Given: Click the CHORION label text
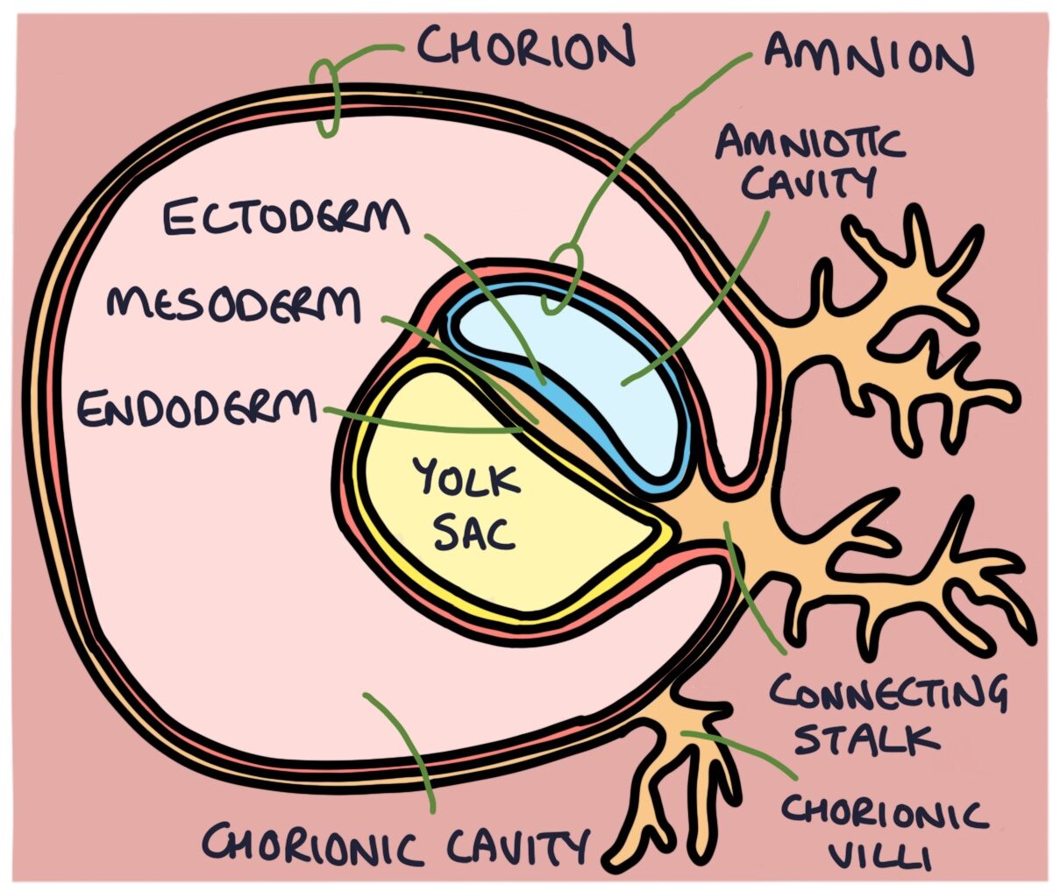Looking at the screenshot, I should tap(524, 47).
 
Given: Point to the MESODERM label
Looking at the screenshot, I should tap(233, 306).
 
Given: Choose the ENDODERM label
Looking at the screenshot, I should tap(196, 408).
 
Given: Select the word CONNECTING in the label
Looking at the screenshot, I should tap(887, 696).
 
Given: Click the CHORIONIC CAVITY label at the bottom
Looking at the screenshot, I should tap(395, 846).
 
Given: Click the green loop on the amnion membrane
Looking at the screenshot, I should tap(561, 279).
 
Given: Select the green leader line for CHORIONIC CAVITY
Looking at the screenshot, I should tap(403, 745).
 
